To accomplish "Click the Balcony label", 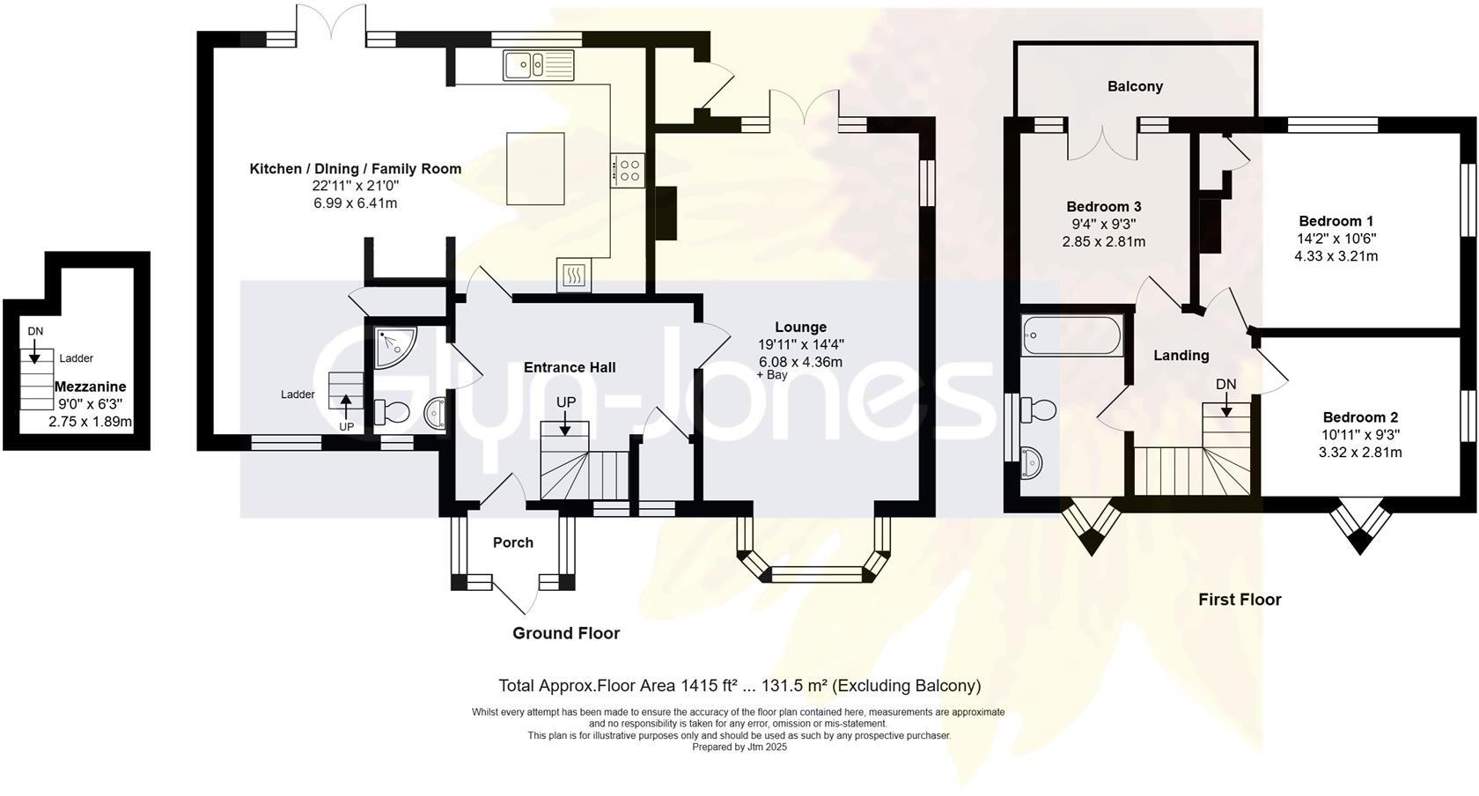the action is [1135, 86].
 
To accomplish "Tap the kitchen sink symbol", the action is [539, 65].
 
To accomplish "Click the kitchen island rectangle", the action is [535, 169].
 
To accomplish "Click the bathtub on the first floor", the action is [1071, 335].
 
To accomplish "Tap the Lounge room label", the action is [801, 327].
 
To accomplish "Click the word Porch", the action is [513, 542].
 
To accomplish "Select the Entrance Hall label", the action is [570, 367].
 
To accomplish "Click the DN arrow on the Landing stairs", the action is [1226, 404].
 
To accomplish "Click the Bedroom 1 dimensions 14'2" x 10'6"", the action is [1336, 239].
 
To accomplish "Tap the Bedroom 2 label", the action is [1360, 417].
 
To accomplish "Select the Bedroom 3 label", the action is [1104, 207].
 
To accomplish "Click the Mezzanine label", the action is [90, 387].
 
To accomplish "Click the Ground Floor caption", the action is [566, 633].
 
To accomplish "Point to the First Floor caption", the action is [1240, 600].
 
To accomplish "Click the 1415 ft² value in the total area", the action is [709, 686].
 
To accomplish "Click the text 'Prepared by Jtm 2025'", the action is [739, 747].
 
